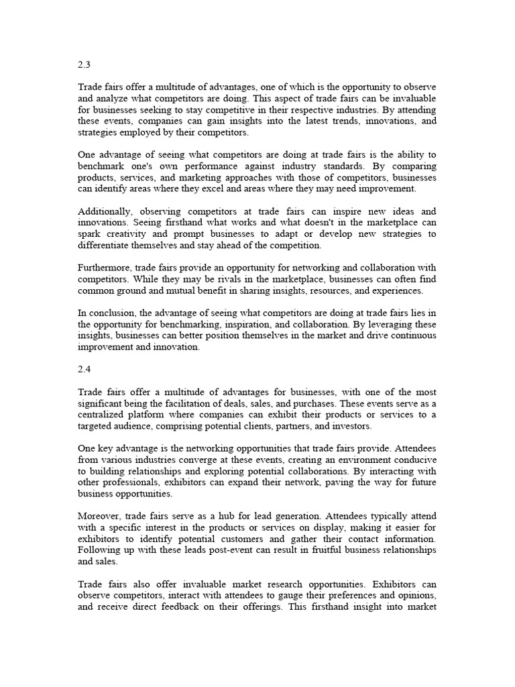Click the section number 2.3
84,66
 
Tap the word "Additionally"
104,212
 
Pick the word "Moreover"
99,516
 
